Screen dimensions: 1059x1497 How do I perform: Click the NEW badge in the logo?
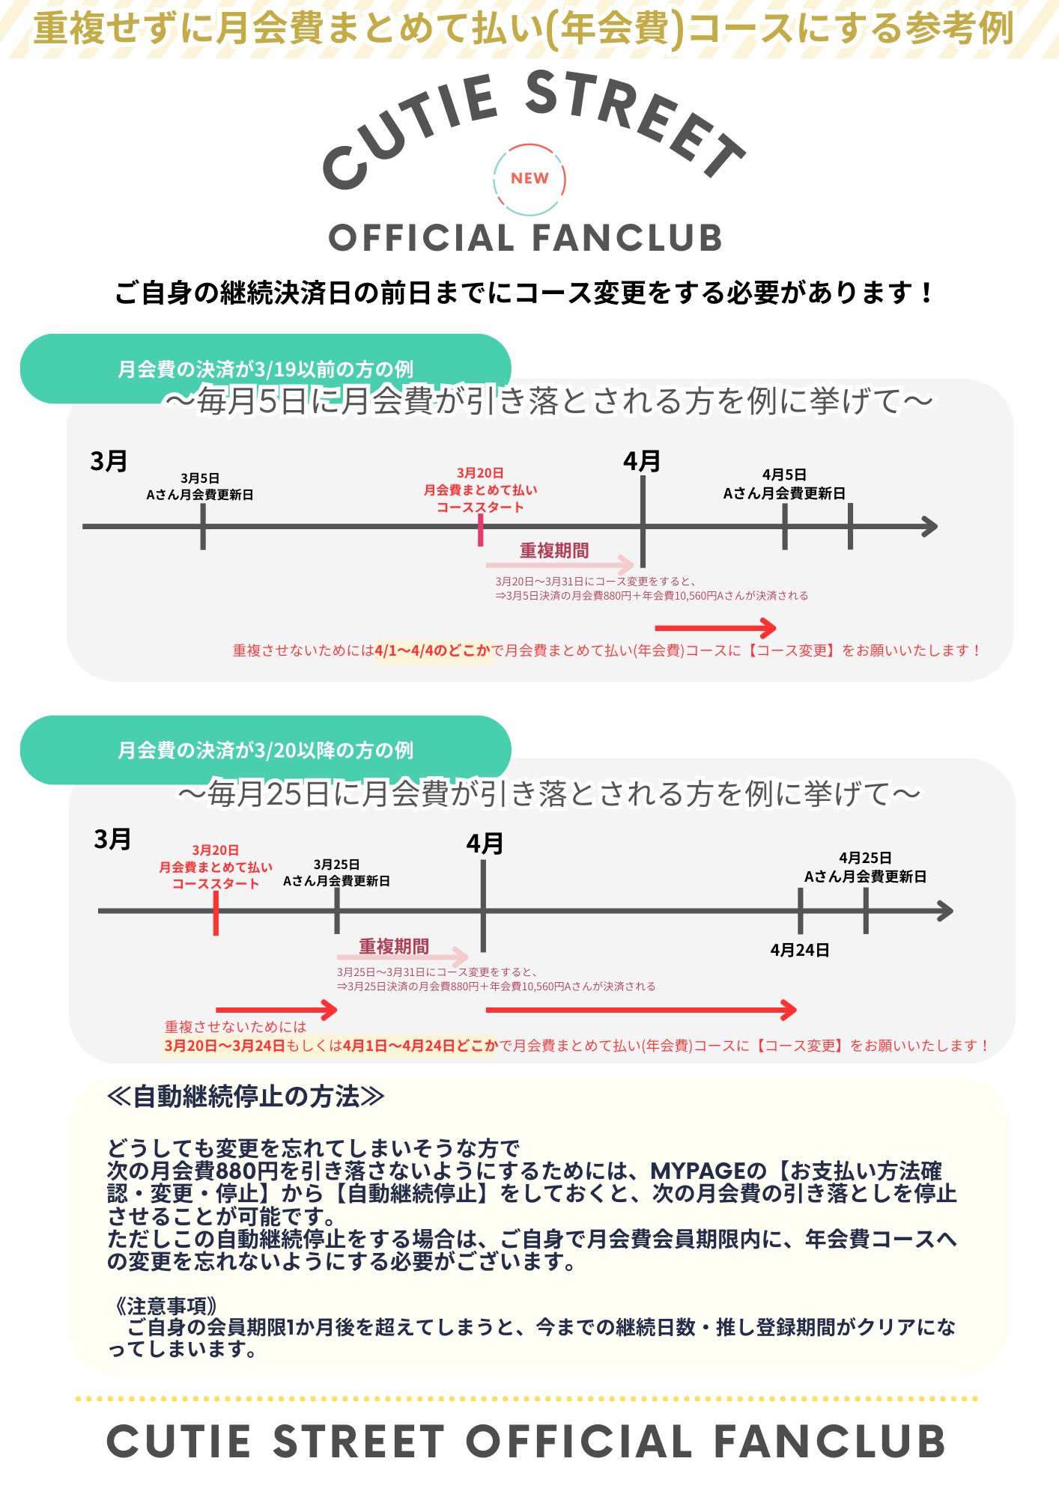coord(529,179)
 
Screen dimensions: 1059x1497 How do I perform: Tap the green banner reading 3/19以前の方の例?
coord(265,368)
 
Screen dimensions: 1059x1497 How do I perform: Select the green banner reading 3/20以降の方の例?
coord(265,749)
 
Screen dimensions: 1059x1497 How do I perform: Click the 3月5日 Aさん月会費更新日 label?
coord(200,487)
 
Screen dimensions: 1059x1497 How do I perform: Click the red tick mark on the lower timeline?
coord(216,912)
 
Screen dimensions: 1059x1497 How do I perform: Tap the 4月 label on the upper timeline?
coord(642,461)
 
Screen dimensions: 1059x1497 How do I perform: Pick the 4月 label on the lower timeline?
coord(485,844)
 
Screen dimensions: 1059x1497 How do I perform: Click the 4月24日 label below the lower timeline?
coord(800,950)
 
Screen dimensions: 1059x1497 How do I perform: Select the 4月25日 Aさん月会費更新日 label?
coord(865,868)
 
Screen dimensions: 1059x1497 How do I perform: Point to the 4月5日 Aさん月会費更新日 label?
coord(784,484)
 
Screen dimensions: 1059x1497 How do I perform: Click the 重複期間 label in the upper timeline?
coord(554,551)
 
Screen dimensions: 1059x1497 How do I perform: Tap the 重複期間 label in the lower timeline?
coord(394,947)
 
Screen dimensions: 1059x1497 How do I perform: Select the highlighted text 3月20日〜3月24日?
coord(225,1046)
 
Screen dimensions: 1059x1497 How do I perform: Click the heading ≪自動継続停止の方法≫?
coord(246,1097)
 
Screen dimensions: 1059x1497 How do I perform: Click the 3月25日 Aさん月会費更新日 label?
coord(336,873)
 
